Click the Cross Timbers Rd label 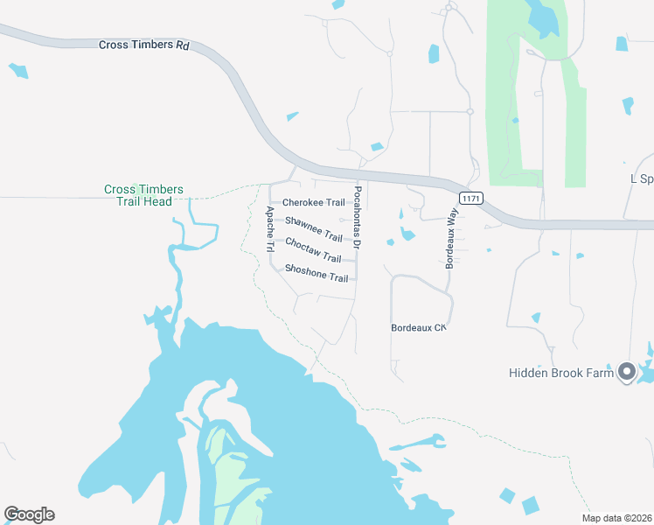pos(144,45)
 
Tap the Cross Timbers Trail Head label pos(143,195)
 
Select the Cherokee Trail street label pos(313,203)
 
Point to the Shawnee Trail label pos(314,229)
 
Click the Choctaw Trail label pos(313,250)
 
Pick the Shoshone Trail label pos(317,273)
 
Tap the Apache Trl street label pos(269,229)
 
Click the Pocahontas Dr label pos(358,214)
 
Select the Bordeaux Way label pos(452,238)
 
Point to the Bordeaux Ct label pos(419,327)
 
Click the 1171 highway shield pos(470,199)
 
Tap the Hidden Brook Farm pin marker pos(626,373)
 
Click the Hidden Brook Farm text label pos(560,374)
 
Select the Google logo pos(29,514)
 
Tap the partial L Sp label pos(642,178)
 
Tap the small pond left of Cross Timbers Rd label pos(18,71)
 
